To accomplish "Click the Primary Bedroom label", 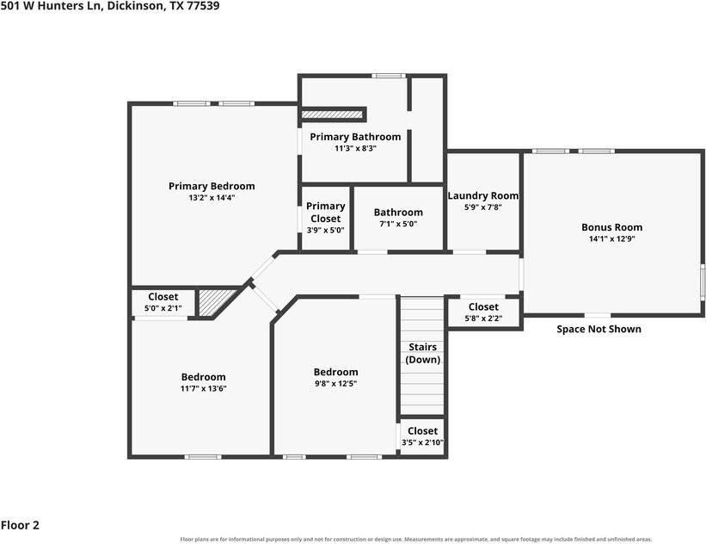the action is click(212, 186).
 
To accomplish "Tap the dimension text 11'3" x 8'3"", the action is click(355, 148).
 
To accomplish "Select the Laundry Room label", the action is click(483, 195).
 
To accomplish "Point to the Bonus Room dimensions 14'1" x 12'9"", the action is click(612, 239).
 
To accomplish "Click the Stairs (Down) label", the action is click(423, 354).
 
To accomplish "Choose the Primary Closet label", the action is click(326, 213).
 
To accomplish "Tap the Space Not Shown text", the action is click(599, 329).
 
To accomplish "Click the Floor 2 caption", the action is click(20, 525).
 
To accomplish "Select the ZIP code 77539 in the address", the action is click(205, 6).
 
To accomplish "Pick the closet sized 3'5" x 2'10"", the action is click(422, 436).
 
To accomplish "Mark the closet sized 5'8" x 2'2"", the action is click(483, 312).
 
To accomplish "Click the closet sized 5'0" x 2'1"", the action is click(163, 302).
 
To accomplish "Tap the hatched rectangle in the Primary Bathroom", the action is click(332, 114).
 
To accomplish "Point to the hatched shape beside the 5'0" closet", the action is click(213, 302).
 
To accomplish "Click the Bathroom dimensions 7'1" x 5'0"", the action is click(398, 224).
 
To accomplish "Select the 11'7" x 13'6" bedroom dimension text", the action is click(204, 388).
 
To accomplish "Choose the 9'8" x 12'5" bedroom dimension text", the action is click(336, 384).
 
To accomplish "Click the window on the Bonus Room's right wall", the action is click(702, 282).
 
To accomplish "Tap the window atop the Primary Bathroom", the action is click(389, 76).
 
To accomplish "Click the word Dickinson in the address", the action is click(136, 6).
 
